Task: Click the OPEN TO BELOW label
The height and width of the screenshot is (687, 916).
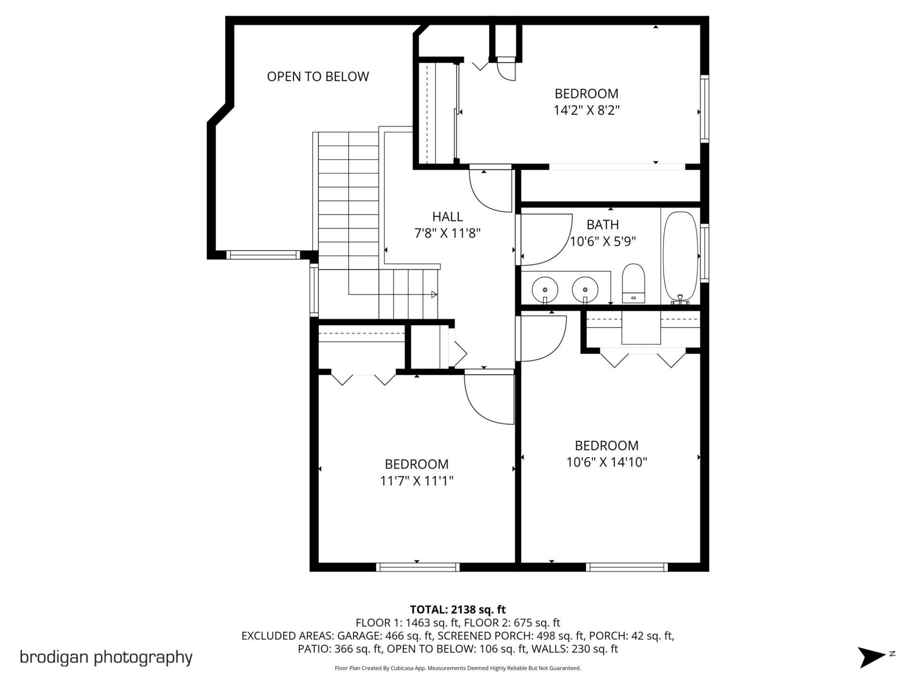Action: tap(318, 76)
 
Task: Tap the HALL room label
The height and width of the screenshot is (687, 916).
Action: tap(447, 217)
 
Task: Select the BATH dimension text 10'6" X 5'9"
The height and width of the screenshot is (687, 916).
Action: tap(603, 241)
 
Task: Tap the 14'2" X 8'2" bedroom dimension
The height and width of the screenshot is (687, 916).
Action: tap(586, 111)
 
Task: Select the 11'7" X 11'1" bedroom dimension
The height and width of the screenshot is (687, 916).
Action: tap(416, 481)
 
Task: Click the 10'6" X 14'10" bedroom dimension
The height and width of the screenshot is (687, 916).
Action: tap(606, 462)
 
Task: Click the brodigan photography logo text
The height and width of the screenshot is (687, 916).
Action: tap(106, 657)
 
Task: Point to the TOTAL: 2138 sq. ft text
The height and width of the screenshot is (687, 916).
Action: tap(458, 609)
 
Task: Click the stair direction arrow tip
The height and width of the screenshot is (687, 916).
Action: tap(435, 294)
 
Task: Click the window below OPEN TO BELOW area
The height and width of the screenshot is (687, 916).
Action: tap(263, 255)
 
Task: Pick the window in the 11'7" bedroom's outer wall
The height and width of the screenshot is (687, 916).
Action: tap(417, 567)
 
